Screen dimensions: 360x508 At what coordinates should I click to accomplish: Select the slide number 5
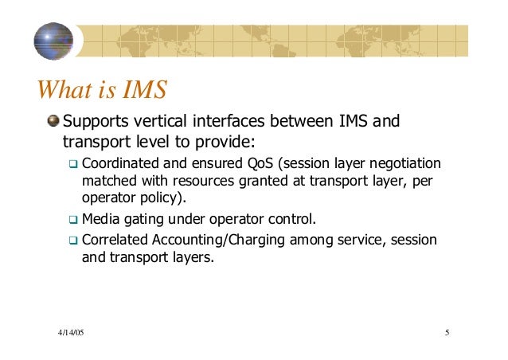pyautogui.click(x=448, y=331)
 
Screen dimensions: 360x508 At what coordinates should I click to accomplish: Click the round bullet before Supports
pyautogui.click(x=53, y=122)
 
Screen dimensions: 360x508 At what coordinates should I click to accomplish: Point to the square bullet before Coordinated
pyautogui.click(x=73, y=164)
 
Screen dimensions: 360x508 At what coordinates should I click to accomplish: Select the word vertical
pyautogui.click(x=158, y=122)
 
